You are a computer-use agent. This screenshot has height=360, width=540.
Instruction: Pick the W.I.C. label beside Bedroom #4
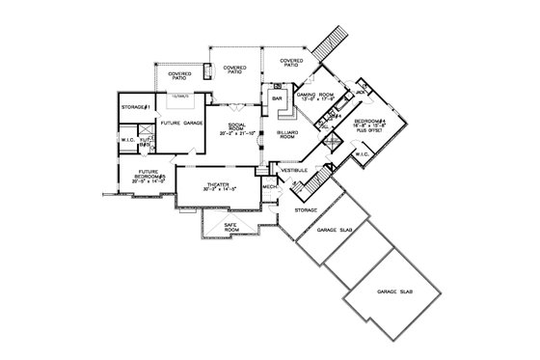point(363,153)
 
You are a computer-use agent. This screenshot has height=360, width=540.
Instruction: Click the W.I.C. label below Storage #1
point(128,141)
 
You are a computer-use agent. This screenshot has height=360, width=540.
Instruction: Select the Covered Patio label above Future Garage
point(178,75)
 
